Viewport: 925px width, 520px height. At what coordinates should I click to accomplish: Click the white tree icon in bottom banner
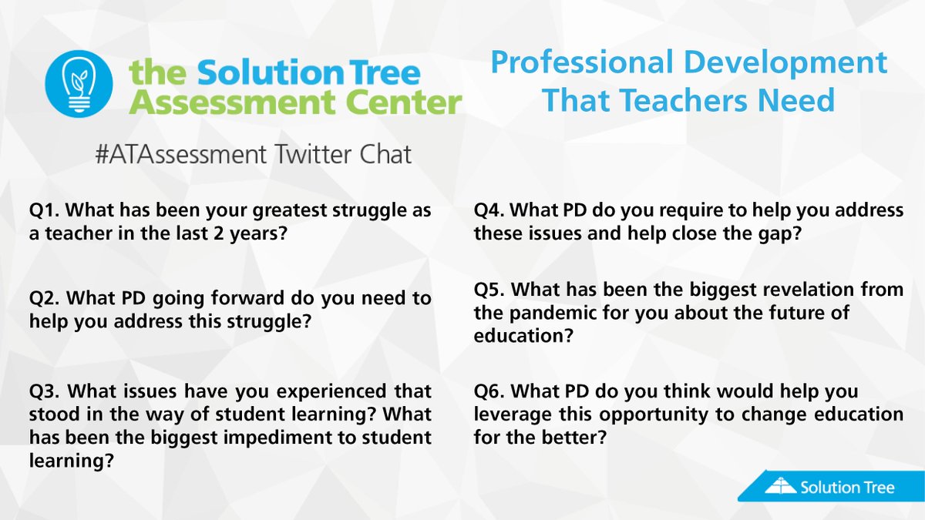780,486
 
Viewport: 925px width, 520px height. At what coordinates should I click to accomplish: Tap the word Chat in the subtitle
386,154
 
